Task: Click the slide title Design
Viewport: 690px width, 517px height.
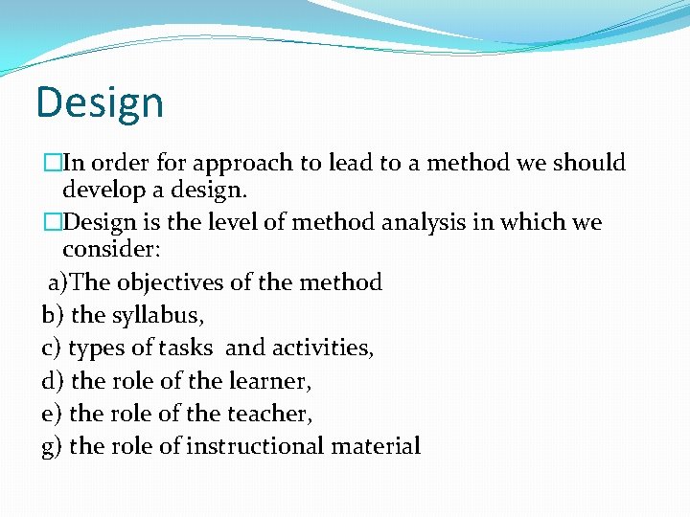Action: (x=100, y=102)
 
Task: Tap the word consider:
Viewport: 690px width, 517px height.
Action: (x=111, y=251)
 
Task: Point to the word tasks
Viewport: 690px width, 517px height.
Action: (x=190, y=347)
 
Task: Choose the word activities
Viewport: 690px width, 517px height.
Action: (x=326, y=347)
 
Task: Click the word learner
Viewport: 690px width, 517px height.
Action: (x=270, y=381)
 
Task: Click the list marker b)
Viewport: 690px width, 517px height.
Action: (x=53, y=314)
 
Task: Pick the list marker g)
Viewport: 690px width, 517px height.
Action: (x=53, y=446)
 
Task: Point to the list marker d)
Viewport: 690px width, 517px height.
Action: (x=53, y=381)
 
